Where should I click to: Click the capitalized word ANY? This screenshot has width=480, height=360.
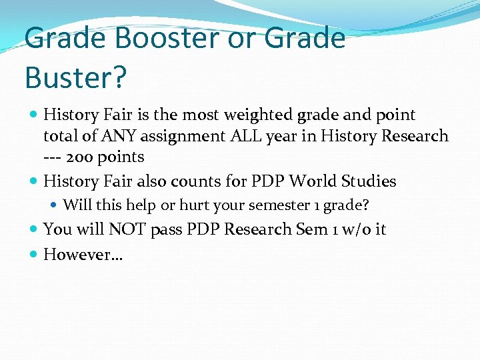(118, 136)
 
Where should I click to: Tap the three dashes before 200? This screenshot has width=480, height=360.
(57, 157)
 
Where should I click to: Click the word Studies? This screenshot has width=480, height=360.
(371, 181)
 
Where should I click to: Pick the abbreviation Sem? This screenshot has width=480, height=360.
(312, 229)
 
